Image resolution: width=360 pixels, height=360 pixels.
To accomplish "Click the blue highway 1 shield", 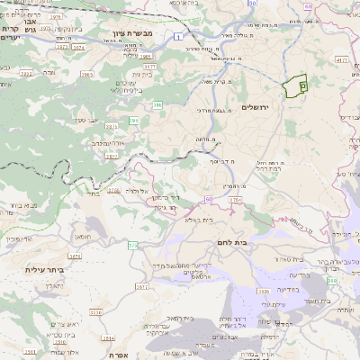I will pos(181,35).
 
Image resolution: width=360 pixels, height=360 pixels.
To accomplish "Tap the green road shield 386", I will pos(157,105).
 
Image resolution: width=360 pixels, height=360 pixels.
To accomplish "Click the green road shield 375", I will pos(133,245).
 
